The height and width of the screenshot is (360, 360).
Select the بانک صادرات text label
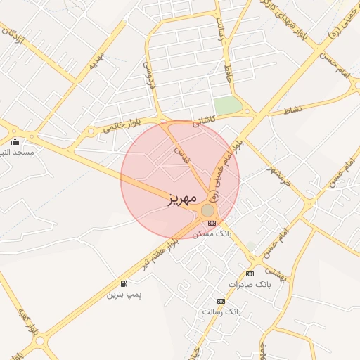click(x=250, y=284)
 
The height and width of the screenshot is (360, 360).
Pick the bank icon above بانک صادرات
click(x=250, y=274)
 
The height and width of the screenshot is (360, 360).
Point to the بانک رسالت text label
click(x=221, y=311)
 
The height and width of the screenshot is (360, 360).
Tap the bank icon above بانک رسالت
click(x=221, y=300)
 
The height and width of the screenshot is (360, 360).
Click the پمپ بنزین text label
click(x=124, y=294)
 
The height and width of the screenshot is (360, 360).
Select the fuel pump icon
click(x=124, y=283)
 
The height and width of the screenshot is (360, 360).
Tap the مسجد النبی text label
click(x=15, y=152)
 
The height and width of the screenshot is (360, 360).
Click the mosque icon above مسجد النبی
click(x=15, y=142)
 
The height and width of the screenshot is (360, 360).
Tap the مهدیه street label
click(x=96, y=60)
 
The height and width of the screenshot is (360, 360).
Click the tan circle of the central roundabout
click(x=207, y=210)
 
